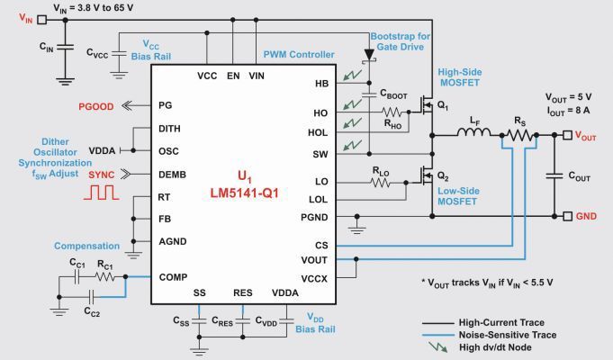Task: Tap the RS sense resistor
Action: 519,136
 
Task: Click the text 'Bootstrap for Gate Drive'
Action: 403,39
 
